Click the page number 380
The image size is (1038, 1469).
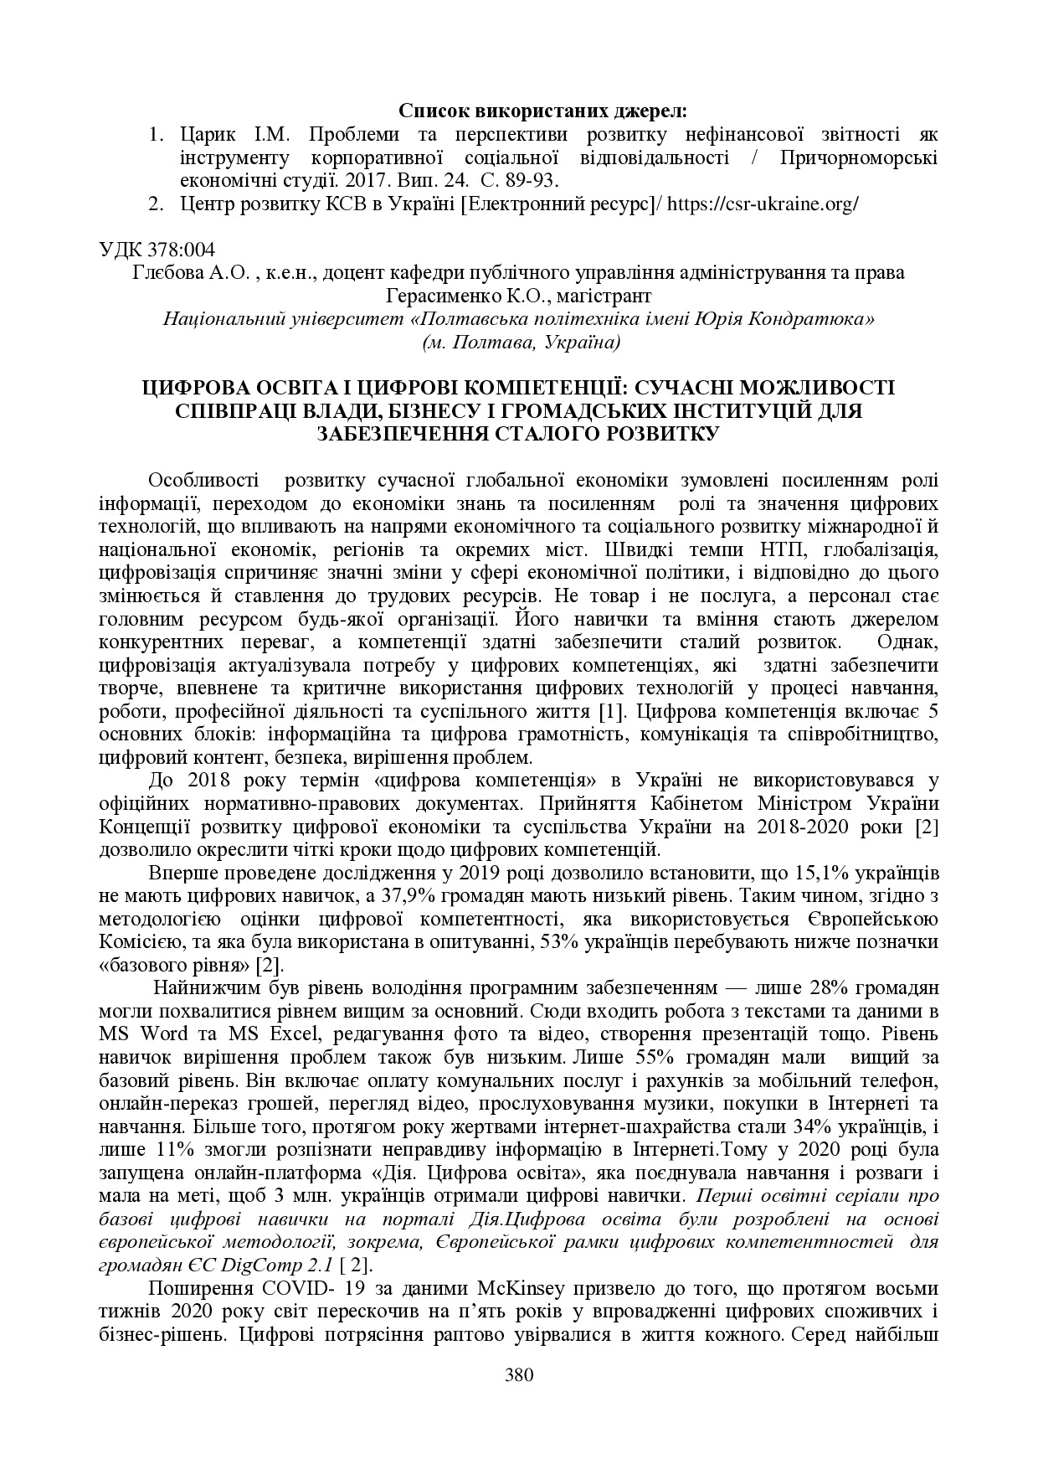tap(519, 1374)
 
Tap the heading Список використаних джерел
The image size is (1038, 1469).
tap(542, 111)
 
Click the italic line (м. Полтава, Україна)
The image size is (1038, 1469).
tap(519, 342)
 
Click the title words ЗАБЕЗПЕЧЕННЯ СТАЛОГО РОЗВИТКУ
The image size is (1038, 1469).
tap(519, 433)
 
